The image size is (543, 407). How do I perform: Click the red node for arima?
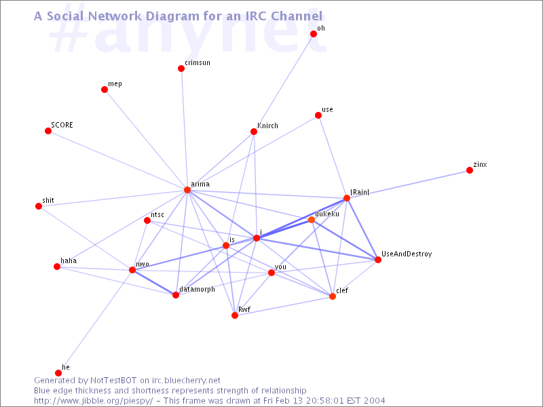[187, 190]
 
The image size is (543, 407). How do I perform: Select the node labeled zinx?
[470, 170]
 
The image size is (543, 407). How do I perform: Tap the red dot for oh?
[314, 34]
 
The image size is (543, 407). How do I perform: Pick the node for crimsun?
[181, 69]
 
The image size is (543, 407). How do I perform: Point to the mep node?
[105, 90]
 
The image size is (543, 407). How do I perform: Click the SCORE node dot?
[48, 131]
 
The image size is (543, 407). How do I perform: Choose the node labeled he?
[58, 373]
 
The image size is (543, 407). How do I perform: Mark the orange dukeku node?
[312, 220]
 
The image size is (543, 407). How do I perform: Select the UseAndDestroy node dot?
[378, 260]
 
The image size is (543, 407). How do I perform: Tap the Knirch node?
[254, 132]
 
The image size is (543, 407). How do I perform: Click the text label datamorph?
[197, 290]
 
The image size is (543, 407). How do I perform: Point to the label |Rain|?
[360, 192]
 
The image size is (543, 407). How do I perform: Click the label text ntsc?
[157, 215]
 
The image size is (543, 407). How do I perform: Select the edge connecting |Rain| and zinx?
[408, 184]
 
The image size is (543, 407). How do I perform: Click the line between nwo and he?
[95, 322]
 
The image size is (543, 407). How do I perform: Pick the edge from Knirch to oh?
[284, 83]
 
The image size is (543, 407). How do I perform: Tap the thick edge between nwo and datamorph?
[154, 282]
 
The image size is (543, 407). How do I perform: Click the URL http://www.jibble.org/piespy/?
[93, 401]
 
